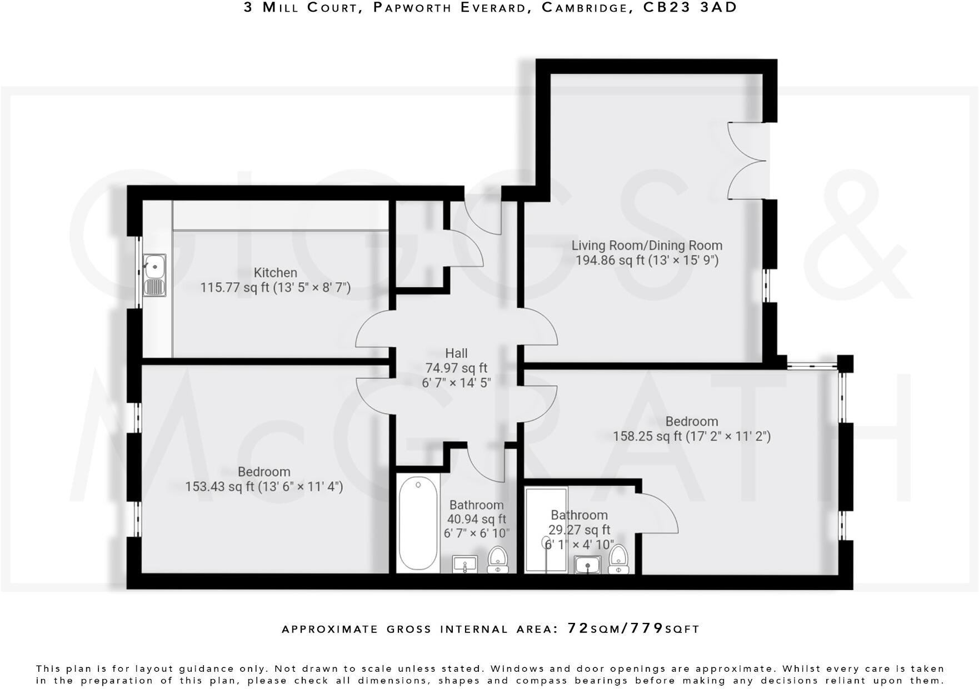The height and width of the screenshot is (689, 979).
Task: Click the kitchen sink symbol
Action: (x=154, y=276)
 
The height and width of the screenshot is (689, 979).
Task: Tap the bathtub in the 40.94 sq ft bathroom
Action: (x=418, y=523)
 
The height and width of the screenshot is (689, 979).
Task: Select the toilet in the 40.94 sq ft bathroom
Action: (x=497, y=559)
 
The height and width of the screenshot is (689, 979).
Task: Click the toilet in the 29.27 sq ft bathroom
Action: (x=618, y=559)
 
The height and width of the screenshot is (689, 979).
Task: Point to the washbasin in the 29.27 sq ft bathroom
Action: (x=587, y=565)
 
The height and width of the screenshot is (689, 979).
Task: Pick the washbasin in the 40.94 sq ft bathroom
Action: (x=464, y=565)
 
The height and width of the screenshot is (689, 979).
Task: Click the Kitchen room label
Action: (x=275, y=273)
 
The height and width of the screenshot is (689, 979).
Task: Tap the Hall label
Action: (x=456, y=353)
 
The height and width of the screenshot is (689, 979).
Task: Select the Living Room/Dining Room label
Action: (x=647, y=246)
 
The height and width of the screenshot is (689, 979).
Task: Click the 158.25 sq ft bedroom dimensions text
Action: (x=692, y=437)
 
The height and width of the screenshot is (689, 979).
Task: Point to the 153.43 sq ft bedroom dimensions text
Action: (x=264, y=487)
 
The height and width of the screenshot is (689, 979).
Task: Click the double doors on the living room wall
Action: (x=747, y=161)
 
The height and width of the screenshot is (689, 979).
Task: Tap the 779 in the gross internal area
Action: (x=647, y=628)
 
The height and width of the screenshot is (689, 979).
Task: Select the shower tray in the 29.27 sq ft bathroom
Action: (x=546, y=530)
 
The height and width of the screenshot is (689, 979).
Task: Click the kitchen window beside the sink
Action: (x=139, y=272)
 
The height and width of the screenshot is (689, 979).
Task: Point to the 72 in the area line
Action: (x=578, y=628)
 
